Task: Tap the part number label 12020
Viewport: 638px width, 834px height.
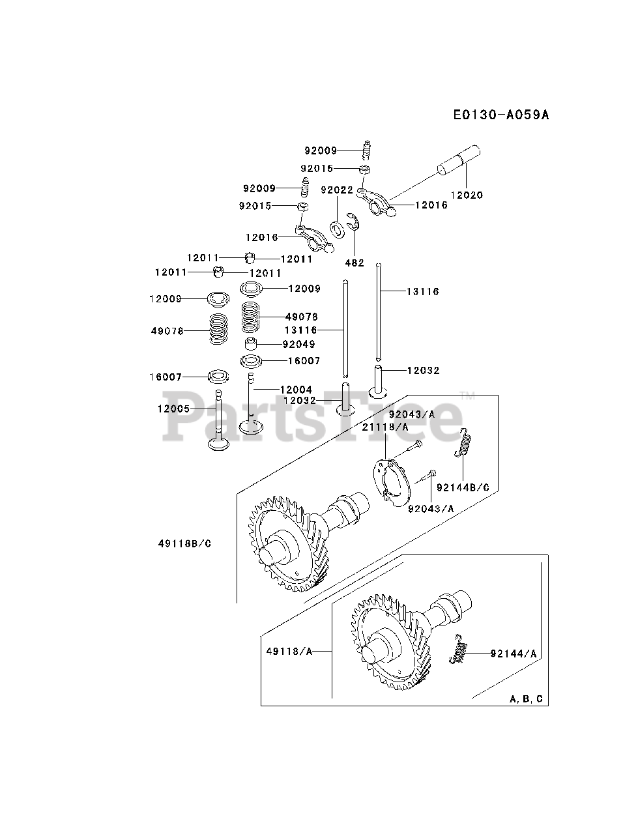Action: point(467,195)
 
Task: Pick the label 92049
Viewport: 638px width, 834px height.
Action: point(299,344)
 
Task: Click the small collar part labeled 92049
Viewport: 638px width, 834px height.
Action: point(252,344)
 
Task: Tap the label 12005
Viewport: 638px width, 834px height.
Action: point(173,409)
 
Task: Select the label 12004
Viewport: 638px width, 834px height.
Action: point(296,390)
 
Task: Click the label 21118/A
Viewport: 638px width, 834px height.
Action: point(386,427)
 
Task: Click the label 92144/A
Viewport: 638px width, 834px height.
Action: point(514,653)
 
